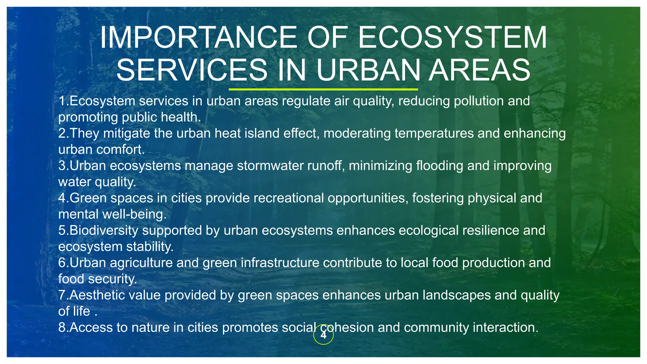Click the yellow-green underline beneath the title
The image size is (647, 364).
[323, 89]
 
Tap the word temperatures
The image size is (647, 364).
[434, 133]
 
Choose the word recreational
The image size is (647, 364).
[288, 198]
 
